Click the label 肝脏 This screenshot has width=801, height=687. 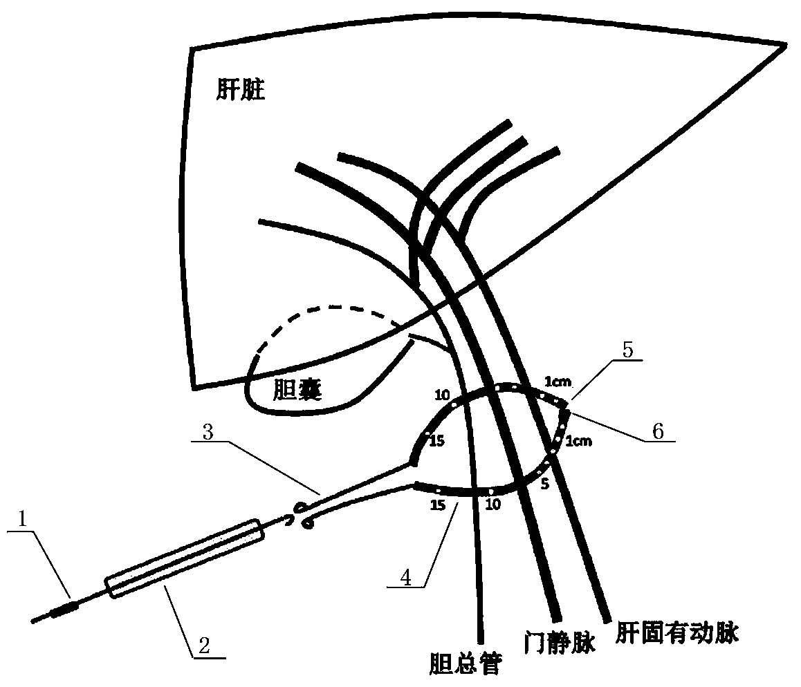tap(240, 91)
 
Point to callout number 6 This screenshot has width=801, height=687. tap(657, 431)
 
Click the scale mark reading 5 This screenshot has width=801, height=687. tap(544, 484)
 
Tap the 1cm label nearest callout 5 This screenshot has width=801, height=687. tap(558, 381)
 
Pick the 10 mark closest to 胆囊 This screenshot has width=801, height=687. tap(442, 395)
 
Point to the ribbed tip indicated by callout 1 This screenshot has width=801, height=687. tap(66, 608)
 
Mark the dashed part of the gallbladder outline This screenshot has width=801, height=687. tap(325, 311)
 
